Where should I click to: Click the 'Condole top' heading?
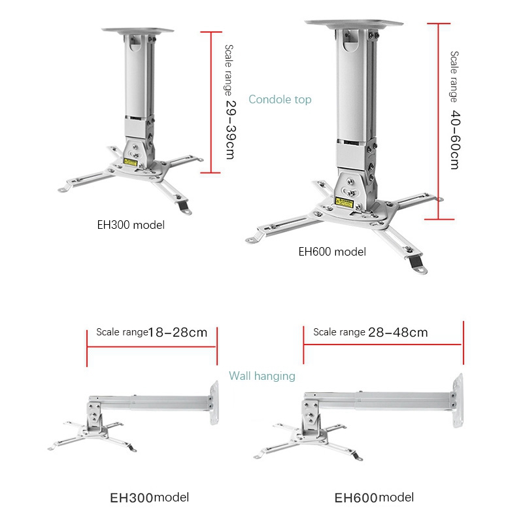click(x=280, y=99)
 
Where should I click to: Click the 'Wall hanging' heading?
click(x=261, y=376)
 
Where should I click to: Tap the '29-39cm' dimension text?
click(x=229, y=128)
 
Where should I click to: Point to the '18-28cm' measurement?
click(x=178, y=332)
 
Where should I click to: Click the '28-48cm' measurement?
click(x=398, y=332)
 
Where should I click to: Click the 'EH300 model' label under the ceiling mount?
click(x=131, y=225)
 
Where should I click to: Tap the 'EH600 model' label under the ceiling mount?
click(x=332, y=252)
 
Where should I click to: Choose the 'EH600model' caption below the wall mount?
click(x=374, y=498)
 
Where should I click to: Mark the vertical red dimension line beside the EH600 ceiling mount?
click(x=437, y=121)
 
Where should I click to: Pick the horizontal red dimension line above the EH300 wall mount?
click(x=152, y=346)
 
